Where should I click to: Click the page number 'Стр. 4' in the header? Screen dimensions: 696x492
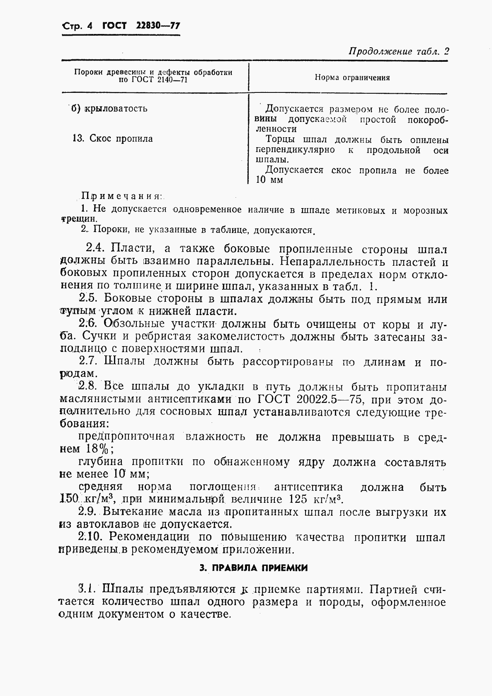[x=77, y=26]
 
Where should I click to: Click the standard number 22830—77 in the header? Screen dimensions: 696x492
[x=158, y=26]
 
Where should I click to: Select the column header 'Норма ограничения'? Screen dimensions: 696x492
[x=352, y=78]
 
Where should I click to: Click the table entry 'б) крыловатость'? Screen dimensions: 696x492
[x=109, y=109]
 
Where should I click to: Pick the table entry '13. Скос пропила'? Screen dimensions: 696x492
[x=112, y=138]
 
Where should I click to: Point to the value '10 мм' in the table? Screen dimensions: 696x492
[x=269, y=180]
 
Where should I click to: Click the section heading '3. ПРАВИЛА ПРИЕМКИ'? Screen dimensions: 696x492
[x=254, y=568]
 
